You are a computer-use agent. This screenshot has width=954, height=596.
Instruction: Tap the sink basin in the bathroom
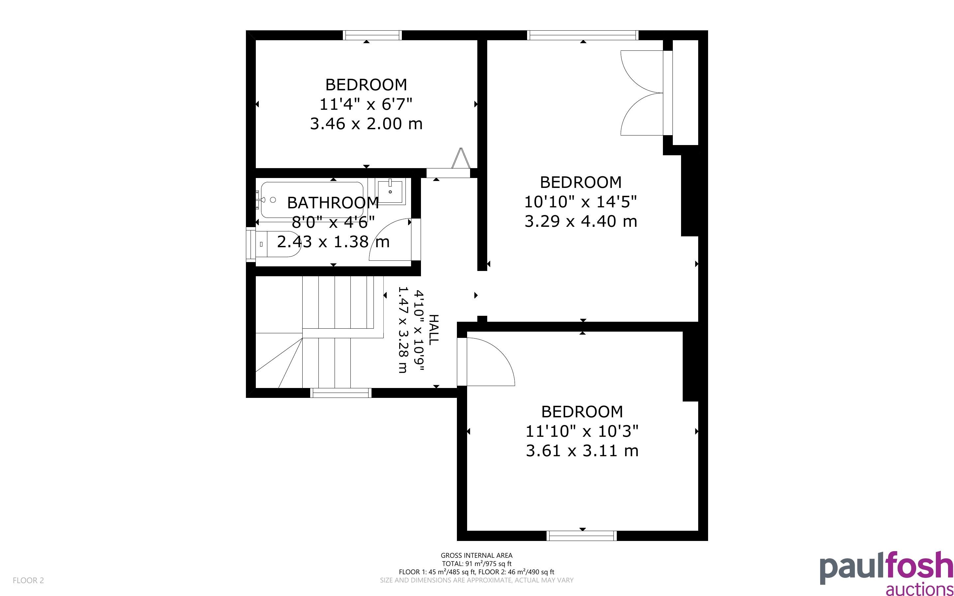[x=391, y=192]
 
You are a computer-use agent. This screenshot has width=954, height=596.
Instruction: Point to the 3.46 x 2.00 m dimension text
[x=366, y=124]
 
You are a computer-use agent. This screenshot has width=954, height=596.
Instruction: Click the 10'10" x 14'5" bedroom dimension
[x=581, y=202]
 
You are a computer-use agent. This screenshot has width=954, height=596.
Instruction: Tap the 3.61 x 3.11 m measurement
[x=582, y=451]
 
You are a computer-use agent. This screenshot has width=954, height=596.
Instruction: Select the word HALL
[x=433, y=330]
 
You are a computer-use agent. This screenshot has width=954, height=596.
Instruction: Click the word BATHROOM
[x=333, y=203]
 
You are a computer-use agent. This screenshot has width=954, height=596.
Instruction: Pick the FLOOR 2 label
[x=28, y=580]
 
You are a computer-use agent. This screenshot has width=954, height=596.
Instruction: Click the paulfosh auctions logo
[x=887, y=574]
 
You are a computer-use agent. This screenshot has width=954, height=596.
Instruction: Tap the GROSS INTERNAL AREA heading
[x=476, y=556]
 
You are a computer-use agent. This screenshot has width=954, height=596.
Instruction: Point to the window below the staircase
[x=341, y=393]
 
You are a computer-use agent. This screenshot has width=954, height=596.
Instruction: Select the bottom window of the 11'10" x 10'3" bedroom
[x=581, y=536]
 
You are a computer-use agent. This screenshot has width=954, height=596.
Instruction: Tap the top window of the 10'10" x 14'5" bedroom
[x=583, y=35]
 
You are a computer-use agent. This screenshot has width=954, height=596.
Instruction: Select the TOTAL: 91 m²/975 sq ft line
[x=476, y=564]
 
